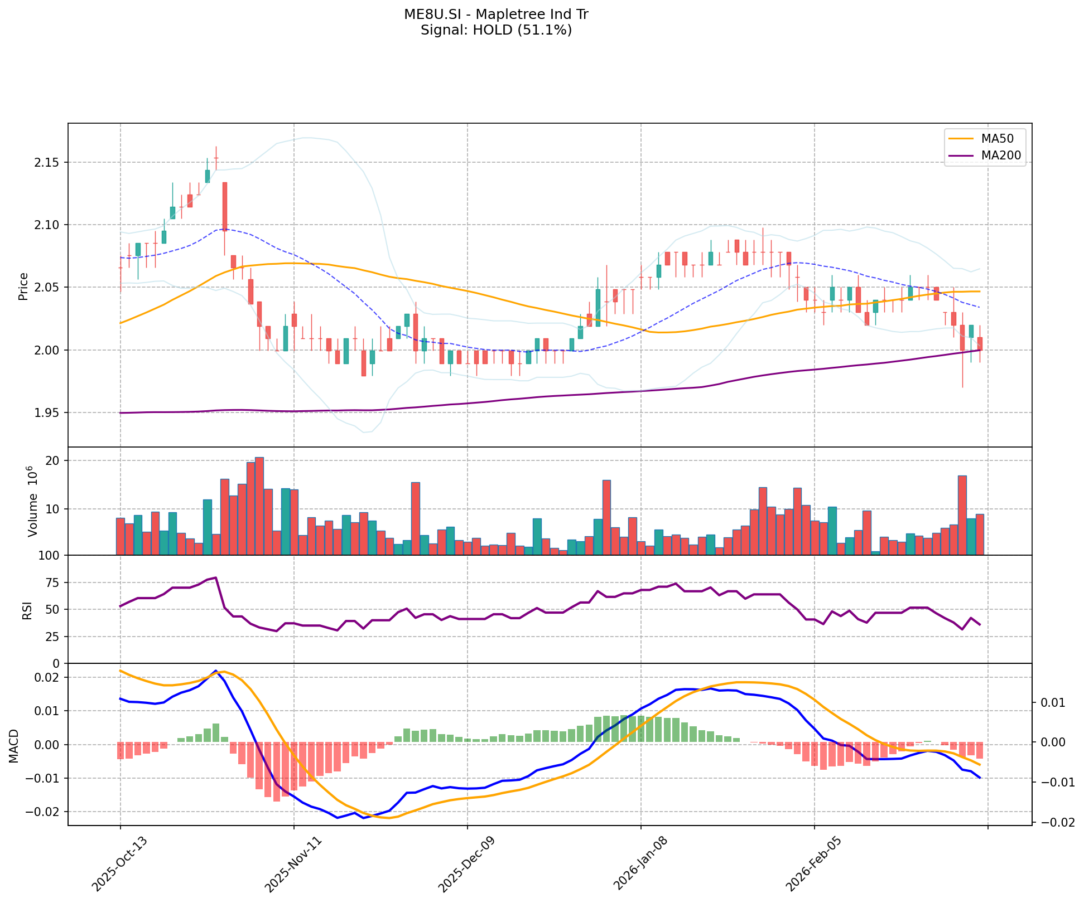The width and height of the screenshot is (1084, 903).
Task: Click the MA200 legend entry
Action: coord(1000,156)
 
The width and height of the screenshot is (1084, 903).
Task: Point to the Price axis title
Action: coord(23,286)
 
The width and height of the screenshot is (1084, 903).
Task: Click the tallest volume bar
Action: coord(259,506)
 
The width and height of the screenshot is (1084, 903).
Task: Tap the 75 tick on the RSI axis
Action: coord(54,583)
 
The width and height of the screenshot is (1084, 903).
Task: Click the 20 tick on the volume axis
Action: coord(55,461)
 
